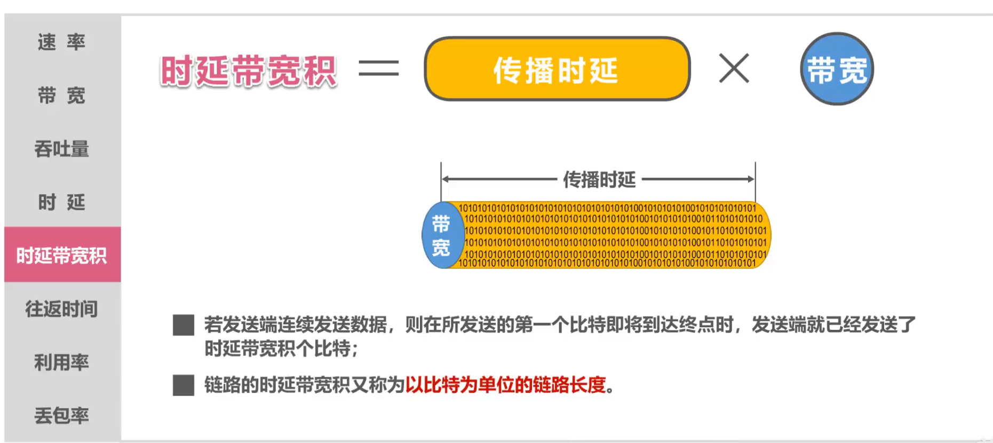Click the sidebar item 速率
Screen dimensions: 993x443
[61, 42]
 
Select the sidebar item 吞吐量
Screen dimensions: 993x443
[61, 149]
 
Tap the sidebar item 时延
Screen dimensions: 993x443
[61, 202]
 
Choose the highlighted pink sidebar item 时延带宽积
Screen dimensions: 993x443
[62, 255]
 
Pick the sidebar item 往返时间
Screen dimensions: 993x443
[61, 309]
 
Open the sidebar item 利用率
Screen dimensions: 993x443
[61, 362]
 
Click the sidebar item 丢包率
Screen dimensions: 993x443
[61, 415]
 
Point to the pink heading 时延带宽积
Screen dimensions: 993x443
[248, 70]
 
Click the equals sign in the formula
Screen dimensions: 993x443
[378, 68]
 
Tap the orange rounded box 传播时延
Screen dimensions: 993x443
[557, 69]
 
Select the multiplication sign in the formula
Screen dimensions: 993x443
[734, 68]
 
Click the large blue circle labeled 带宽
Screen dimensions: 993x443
[837, 69]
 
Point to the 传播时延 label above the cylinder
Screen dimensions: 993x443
[599, 180]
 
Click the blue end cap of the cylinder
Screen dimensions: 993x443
[441, 235]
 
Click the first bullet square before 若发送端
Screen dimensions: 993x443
[184, 325]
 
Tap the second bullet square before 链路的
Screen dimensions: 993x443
[184, 385]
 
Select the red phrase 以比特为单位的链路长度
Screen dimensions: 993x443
[506, 385]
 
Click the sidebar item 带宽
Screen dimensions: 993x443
[61, 96]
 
